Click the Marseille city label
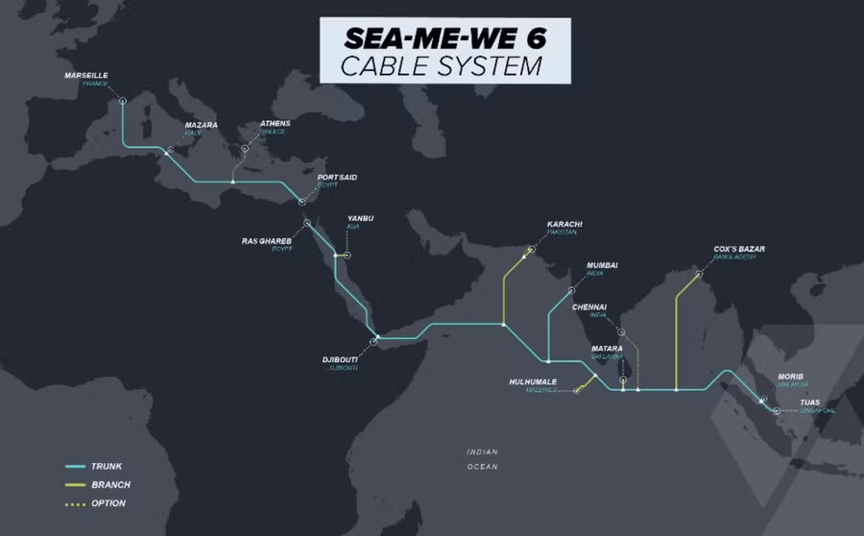pos(86,75)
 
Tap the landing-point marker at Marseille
pos(122,99)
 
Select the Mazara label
pos(201,124)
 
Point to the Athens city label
pos(275,124)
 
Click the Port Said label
pos(337,178)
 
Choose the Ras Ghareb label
pos(266,240)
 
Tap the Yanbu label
pos(360,219)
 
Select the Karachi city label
pos(564,225)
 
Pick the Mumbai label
pos(602,265)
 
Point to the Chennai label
pos(589,307)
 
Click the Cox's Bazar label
pos(739,250)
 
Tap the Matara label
pos(607,349)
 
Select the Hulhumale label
pos(533,381)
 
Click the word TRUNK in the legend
pos(107,467)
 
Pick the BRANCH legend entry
pos(110,485)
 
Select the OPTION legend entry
pos(108,503)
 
